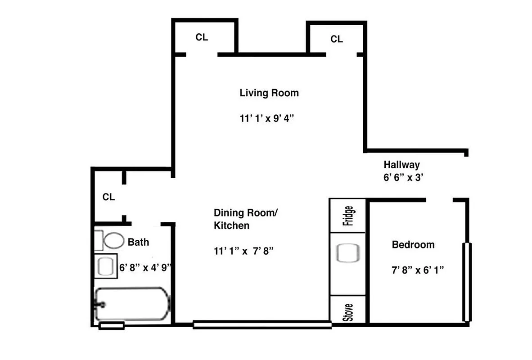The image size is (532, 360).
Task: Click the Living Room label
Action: [x=269, y=93]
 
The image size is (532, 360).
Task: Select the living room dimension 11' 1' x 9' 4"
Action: [x=269, y=119]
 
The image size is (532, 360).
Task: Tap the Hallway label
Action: [x=401, y=165]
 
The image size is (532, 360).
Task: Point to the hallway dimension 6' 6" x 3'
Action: [x=401, y=177]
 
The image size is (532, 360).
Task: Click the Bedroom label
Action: [x=413, y=245]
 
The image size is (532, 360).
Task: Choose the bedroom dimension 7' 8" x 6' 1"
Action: [x=418, y=270]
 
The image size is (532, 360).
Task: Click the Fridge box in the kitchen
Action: [x=347, y=216]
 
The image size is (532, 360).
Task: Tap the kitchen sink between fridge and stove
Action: [x=347, y=253]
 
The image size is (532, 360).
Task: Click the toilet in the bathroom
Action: [x=113, y=241]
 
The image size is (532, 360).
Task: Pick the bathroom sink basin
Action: [x=106, y=266]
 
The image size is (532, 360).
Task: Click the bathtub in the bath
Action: [x=132, y=304]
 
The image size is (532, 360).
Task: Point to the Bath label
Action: [x=138, y=242]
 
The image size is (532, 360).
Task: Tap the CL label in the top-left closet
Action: [x=202, y=37]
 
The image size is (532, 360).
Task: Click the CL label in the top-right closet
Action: [x=336, y=39]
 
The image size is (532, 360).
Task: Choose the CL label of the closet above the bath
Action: [x=108, y=197]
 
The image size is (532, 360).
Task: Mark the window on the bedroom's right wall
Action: [x=467, y=282]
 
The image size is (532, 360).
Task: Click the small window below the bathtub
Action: [x=111, y=325]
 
